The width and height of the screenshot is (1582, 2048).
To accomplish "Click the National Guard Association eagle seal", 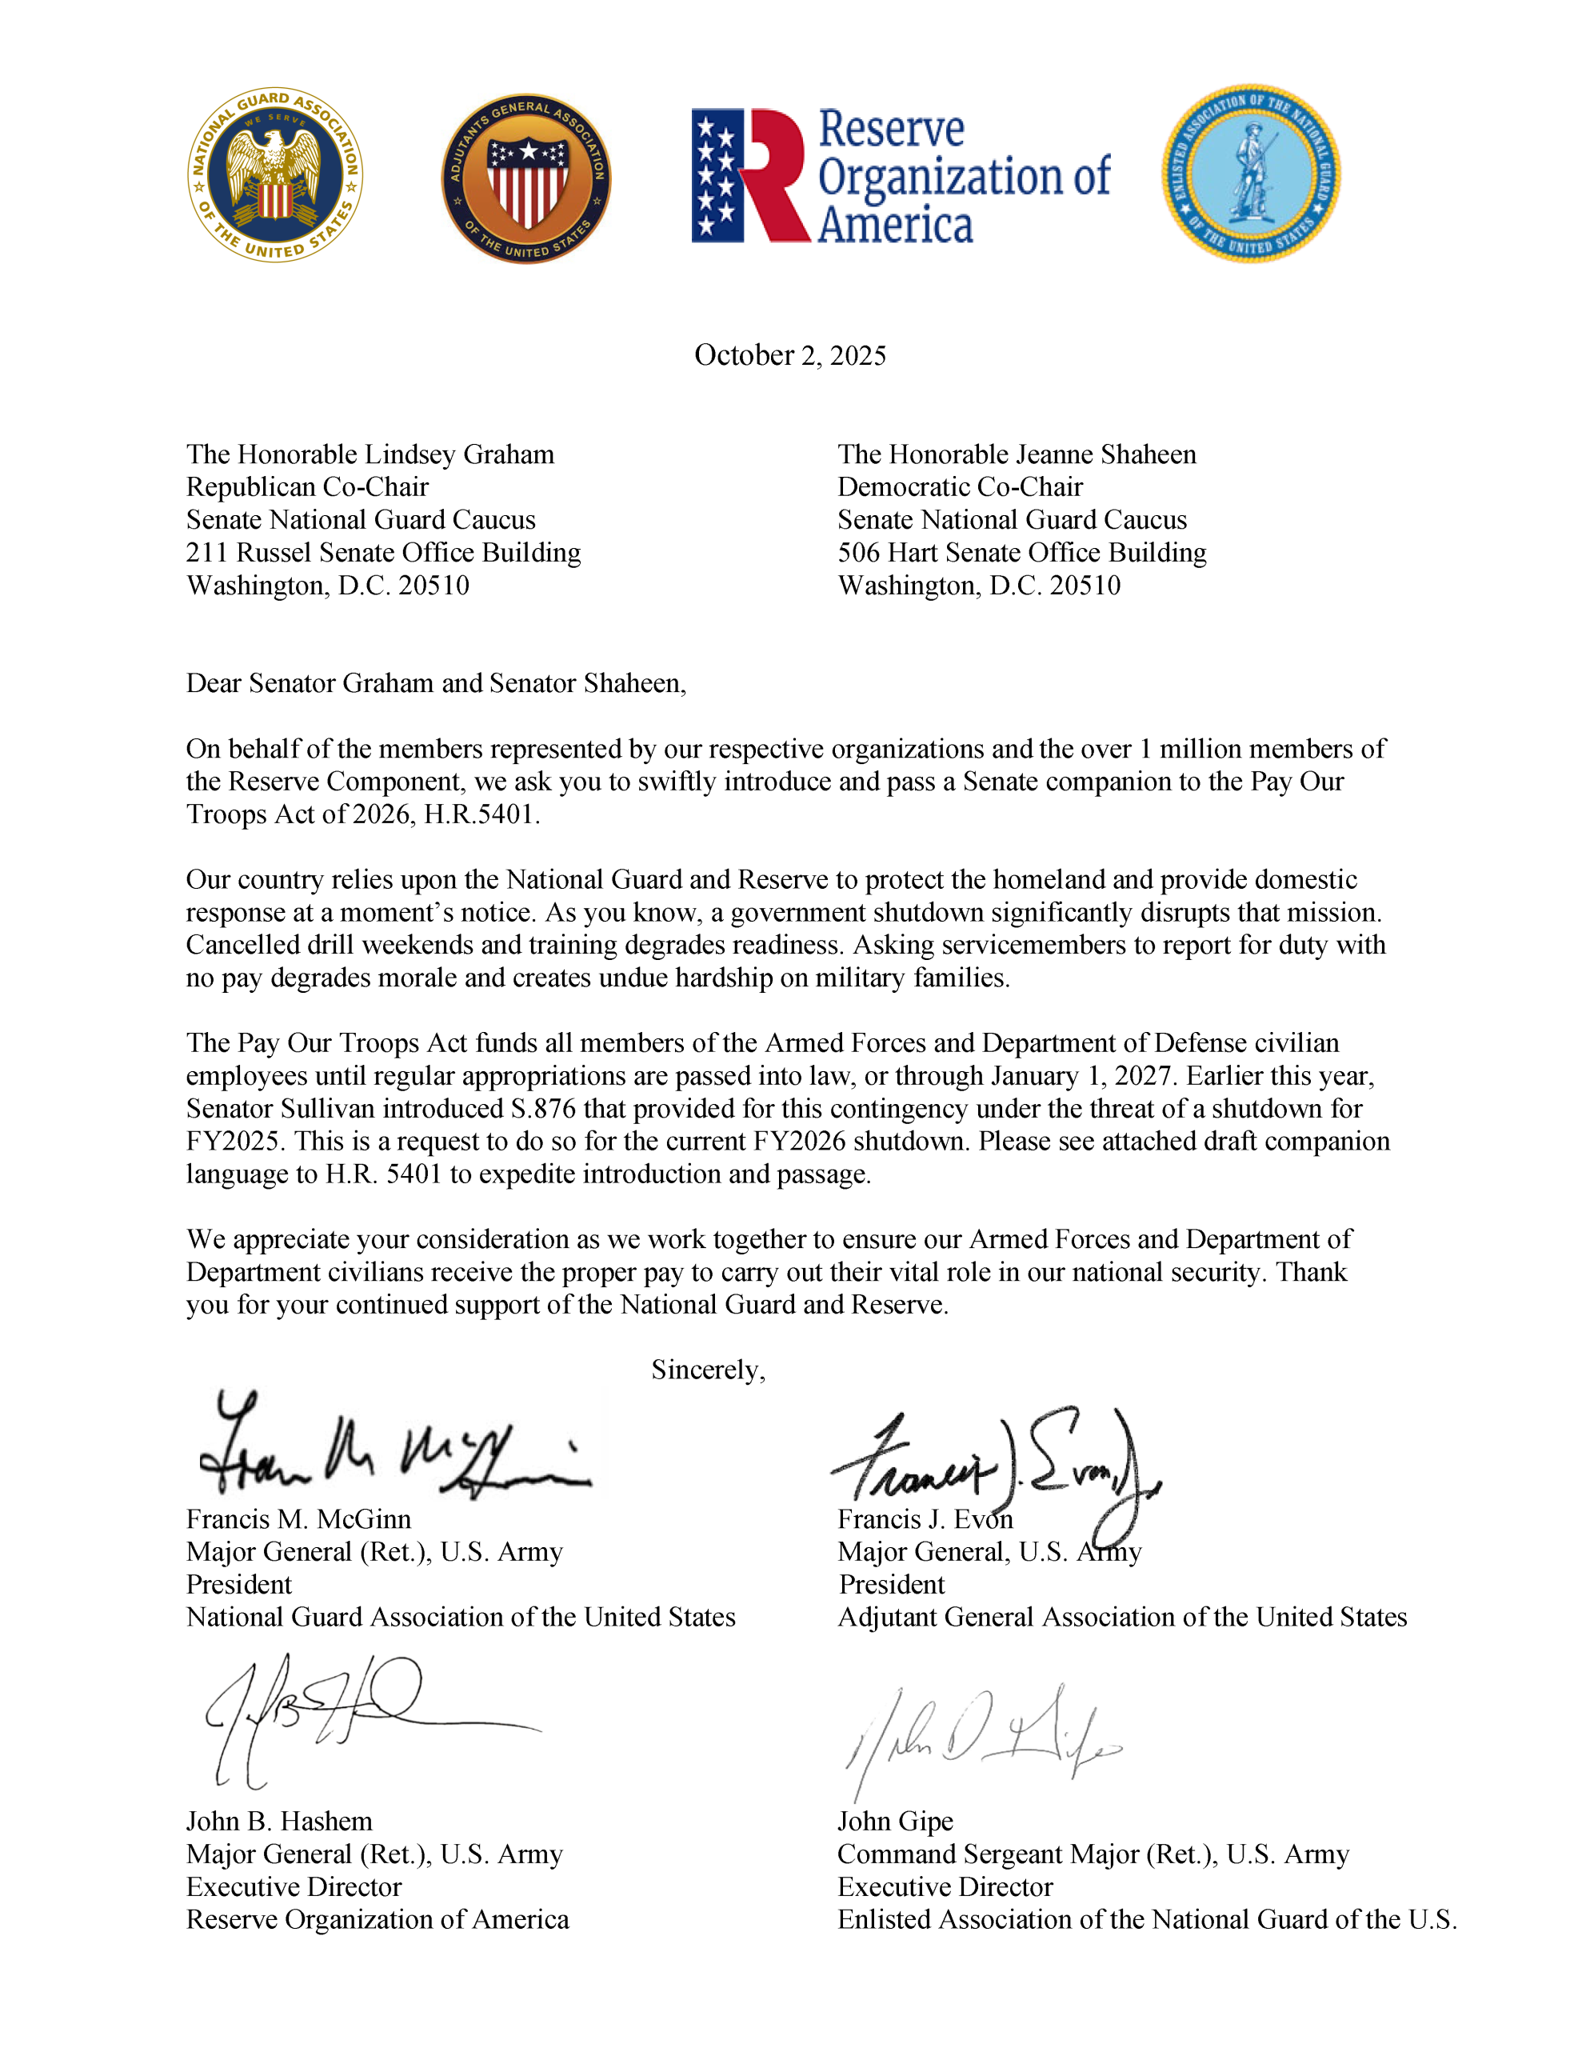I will pos(275,175).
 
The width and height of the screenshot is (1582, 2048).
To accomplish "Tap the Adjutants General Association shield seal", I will pos(526,178).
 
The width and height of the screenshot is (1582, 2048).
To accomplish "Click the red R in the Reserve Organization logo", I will pos(773,175).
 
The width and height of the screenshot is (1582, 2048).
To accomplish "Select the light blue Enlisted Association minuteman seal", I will pos(1251,174).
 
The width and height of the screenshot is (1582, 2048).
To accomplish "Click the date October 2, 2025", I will pos(789,355).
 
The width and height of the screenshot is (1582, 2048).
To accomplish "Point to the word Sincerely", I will pos(708,1370).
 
